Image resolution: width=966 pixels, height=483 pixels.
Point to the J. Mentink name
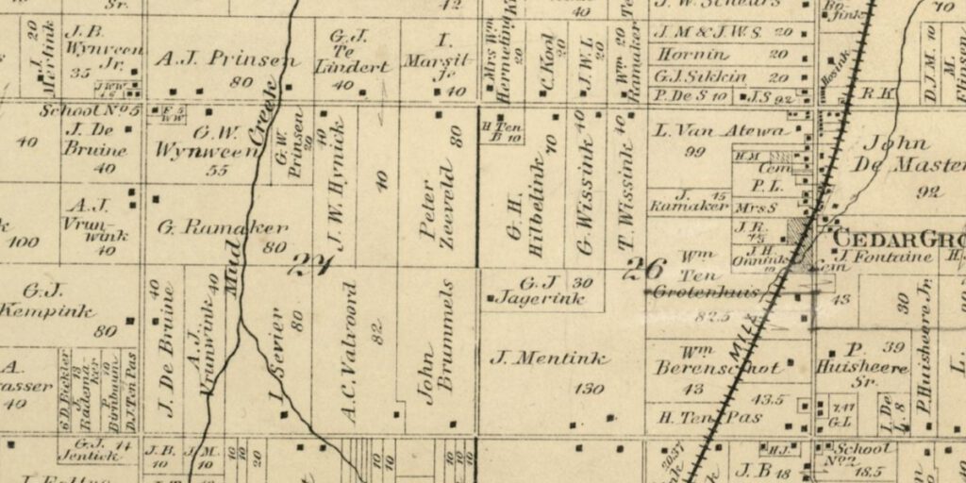tap(549, 358)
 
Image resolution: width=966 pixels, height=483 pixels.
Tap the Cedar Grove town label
tap(896, 238)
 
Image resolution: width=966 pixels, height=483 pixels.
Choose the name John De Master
tap(906, 156)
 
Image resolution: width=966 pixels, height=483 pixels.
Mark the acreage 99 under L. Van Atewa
tap(696, 151)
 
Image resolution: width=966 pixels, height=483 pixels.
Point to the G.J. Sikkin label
tap(700, 76)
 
